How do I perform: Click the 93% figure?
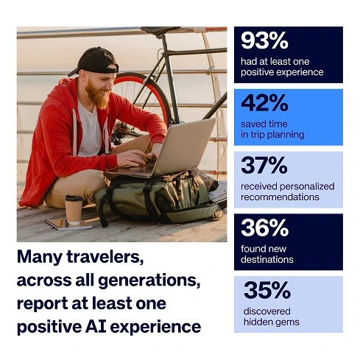264,40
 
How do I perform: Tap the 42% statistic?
264,103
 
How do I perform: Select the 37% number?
264,165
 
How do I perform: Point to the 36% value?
264,227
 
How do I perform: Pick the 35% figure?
267,290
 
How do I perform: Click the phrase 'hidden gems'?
272,322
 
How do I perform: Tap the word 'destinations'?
267,259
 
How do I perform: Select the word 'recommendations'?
280,197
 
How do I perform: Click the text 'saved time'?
264,124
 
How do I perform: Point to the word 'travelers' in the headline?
105,257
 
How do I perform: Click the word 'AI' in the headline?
96,327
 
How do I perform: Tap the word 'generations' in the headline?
149,280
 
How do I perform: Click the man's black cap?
94,61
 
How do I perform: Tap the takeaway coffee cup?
74,210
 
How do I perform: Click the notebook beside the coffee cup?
68,225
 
